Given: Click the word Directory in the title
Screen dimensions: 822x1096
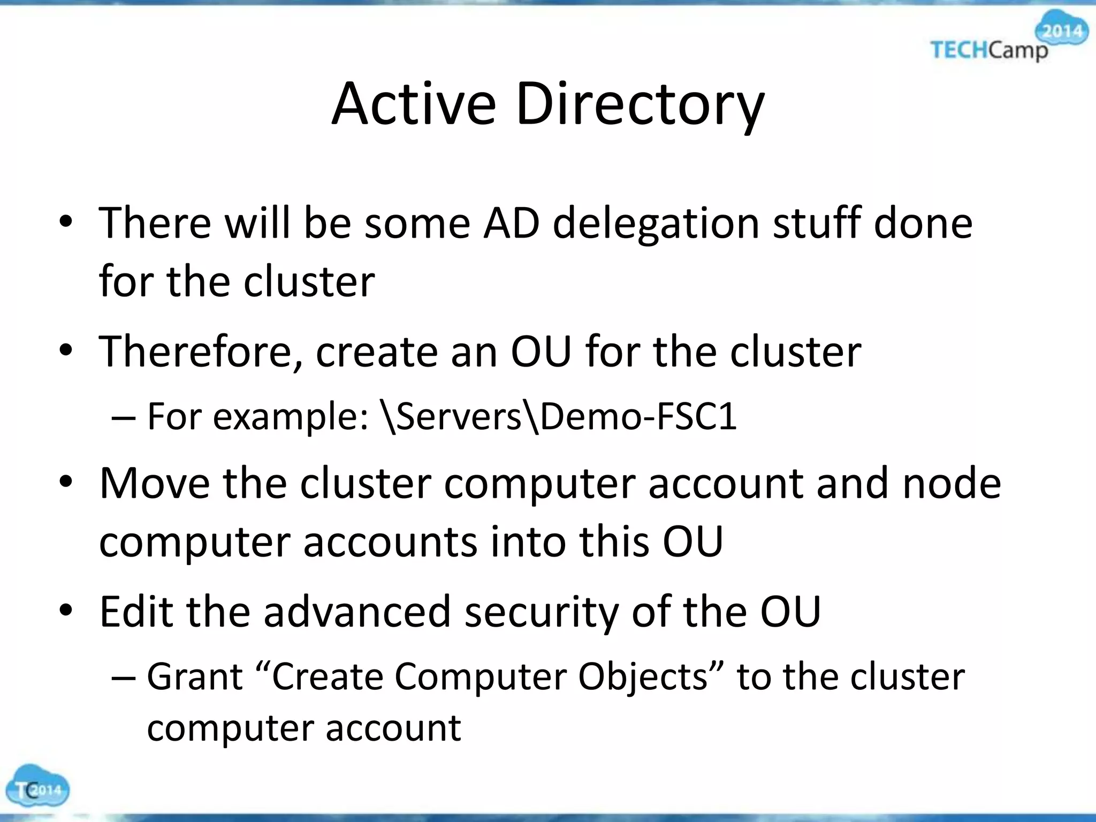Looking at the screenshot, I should (640, 104).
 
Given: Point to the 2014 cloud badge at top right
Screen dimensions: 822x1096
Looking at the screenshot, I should (1063, 31).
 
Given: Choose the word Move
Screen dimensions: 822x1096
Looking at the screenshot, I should (155, 483).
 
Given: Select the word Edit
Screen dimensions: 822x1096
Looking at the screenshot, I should (136, 612).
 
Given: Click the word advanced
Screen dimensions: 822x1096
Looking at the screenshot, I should (357, 612).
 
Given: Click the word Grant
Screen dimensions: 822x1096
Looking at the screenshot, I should (195, 677).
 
